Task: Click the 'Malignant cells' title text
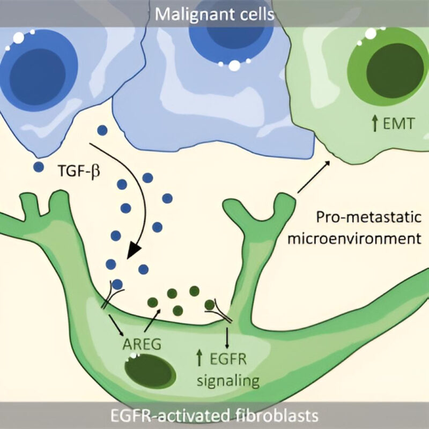point(214,13)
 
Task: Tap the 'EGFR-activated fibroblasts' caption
point(214,416)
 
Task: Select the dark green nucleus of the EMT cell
point(383,70)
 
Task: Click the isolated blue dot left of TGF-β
point(38,167)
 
